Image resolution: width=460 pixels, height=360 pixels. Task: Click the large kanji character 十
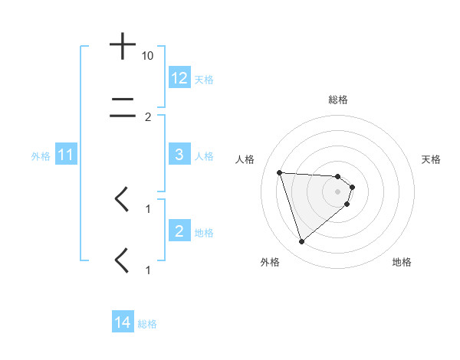123,47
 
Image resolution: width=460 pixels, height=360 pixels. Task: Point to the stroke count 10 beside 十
148,57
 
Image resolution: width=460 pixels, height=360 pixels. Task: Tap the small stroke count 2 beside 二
148,117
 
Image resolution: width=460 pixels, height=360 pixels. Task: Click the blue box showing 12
179,78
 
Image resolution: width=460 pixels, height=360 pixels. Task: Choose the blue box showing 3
179,155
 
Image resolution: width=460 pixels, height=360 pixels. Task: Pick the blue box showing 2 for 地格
179,231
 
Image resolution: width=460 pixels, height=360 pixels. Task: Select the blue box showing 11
65,155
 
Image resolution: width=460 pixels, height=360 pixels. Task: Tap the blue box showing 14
123,323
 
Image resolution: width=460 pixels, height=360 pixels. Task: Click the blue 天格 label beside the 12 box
204,80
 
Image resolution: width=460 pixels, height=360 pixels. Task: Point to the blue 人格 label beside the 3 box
204,156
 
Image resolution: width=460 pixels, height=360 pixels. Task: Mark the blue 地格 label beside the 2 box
204,232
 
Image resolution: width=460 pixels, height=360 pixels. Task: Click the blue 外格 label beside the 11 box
41,156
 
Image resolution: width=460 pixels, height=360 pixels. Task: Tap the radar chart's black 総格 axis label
338,100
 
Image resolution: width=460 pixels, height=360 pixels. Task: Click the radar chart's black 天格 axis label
432,159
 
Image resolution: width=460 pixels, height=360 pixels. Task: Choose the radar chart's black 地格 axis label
402,262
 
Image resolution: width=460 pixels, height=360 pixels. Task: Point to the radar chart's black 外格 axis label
270,262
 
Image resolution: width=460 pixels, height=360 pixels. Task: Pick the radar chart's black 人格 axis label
245,159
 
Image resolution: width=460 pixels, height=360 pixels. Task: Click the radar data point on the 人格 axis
279,172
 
